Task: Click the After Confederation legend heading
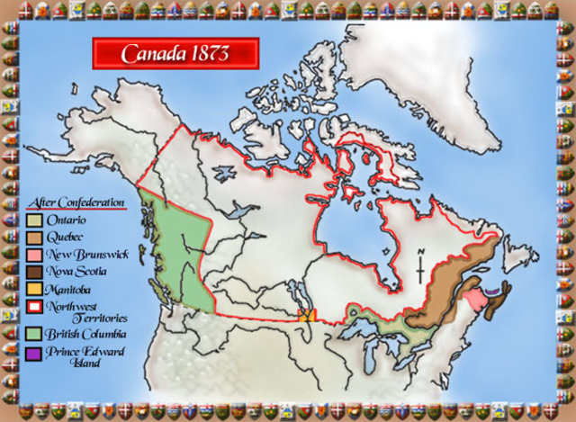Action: tap(76, 202)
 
